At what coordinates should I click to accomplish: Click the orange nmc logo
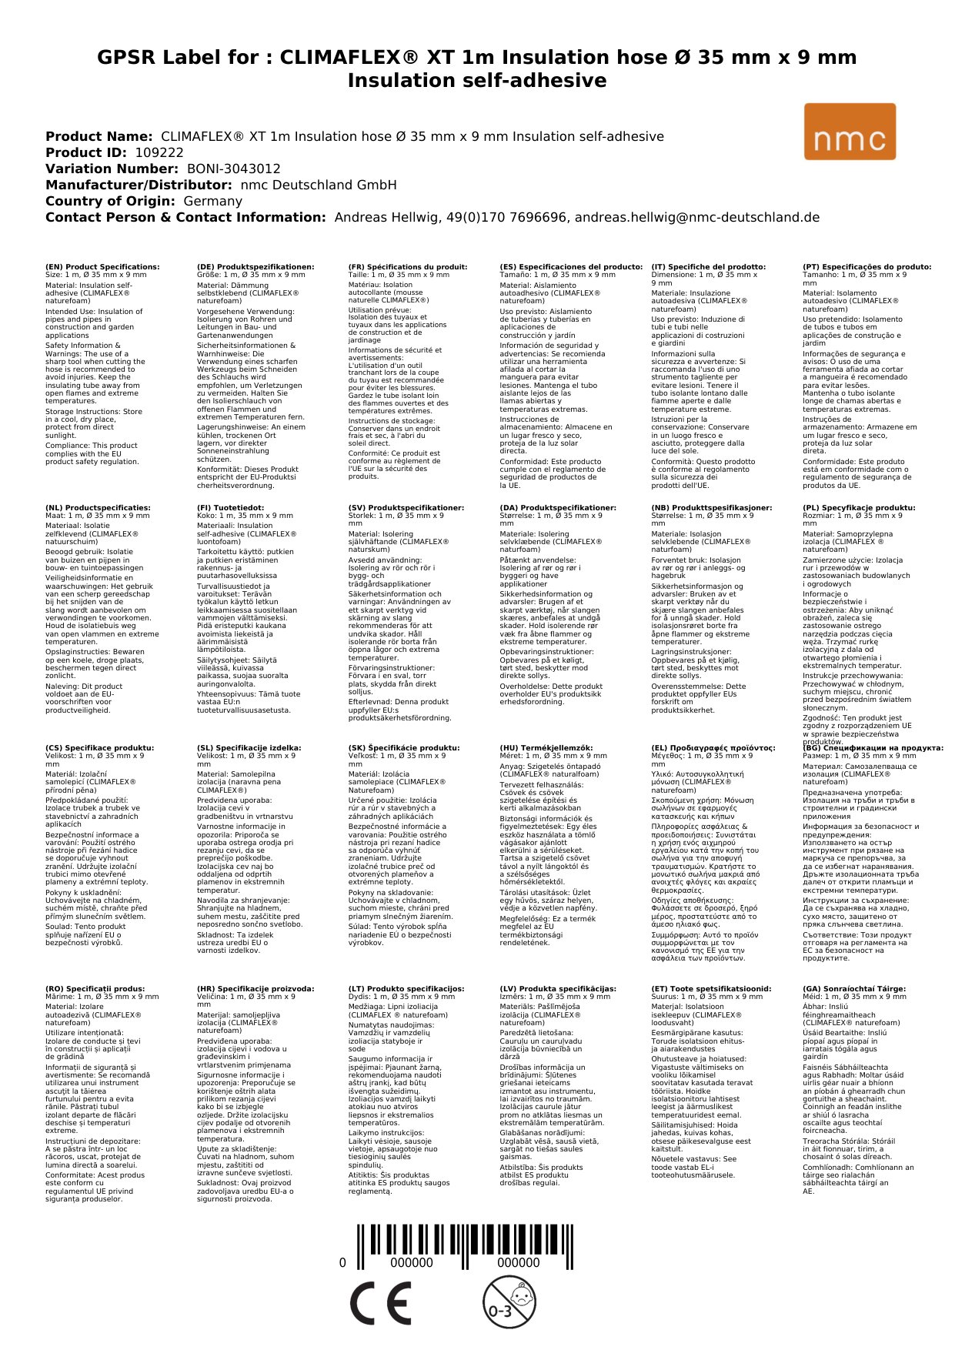850,132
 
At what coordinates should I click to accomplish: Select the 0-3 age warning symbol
509,1302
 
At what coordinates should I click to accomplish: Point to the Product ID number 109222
159,152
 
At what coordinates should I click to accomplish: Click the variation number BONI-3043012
233,169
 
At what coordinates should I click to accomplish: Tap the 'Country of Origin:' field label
110,201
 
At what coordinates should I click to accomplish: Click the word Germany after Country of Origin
212,201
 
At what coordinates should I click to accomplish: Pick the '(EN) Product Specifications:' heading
102,267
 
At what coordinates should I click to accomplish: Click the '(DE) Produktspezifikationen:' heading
255,267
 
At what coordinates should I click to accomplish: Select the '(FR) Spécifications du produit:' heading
408,267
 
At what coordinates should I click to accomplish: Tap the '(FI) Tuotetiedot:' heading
230,508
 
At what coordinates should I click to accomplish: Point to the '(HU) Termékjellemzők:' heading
546,747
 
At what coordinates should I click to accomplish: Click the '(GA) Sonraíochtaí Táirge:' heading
854,989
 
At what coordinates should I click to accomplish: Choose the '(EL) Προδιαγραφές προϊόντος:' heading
713,747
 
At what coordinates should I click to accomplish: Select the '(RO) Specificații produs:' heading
95,989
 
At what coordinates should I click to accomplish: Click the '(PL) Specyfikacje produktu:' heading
859,508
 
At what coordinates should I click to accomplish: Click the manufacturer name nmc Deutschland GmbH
319,185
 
